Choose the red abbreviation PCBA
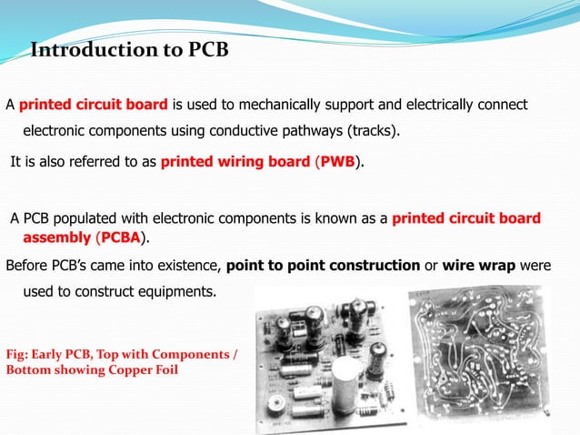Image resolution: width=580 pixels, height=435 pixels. [120, 238]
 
